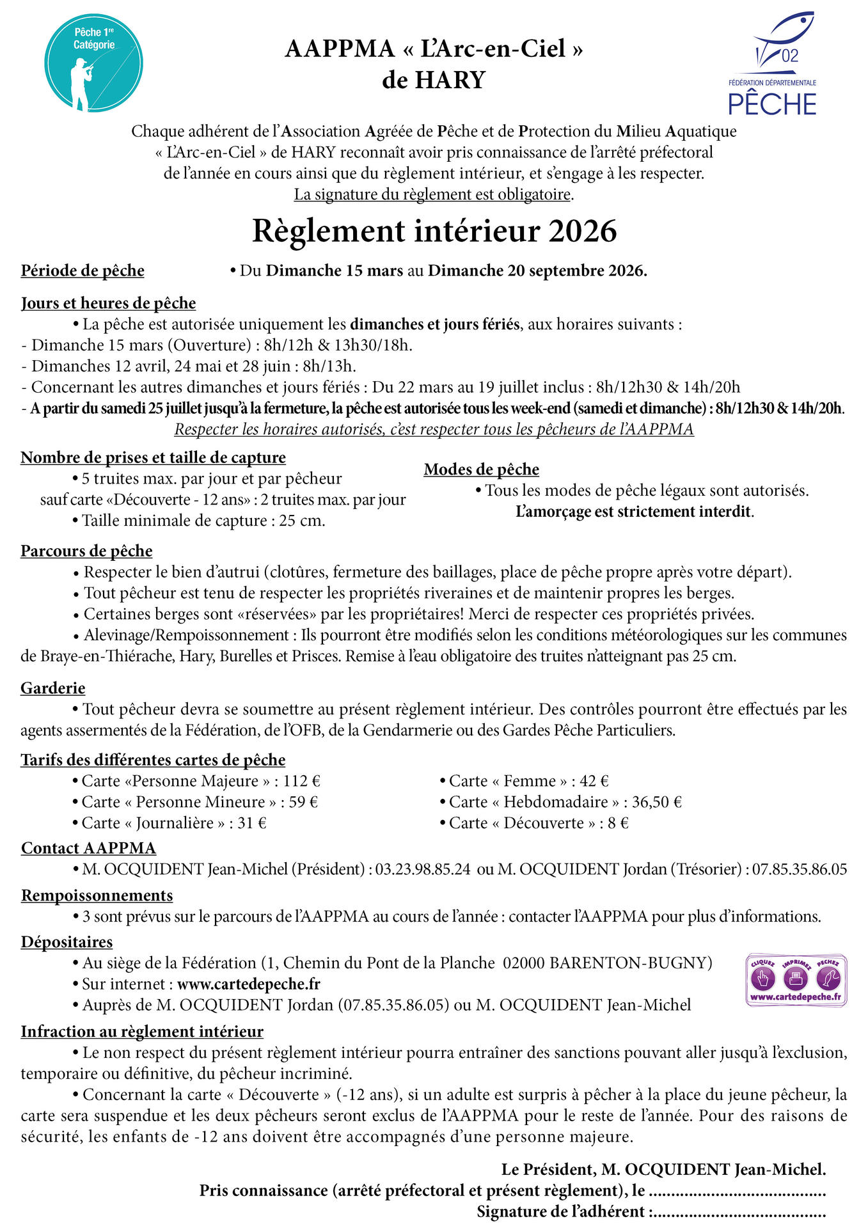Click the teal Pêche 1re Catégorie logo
point(93,63)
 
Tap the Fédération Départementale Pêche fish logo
point(773,64)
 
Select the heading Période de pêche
point(83,271)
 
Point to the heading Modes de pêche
point(481,470)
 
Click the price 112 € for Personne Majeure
point(301,782)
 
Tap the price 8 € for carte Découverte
point(618,824)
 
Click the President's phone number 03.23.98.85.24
point(423,870)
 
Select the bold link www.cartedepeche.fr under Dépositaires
point(248,984)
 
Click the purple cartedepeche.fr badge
point(796,980)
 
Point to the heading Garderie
point(53,689)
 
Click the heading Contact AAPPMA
point(88,849)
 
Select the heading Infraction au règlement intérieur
point(142,1032)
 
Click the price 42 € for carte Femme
point(594,782)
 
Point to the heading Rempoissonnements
point(97,896)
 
